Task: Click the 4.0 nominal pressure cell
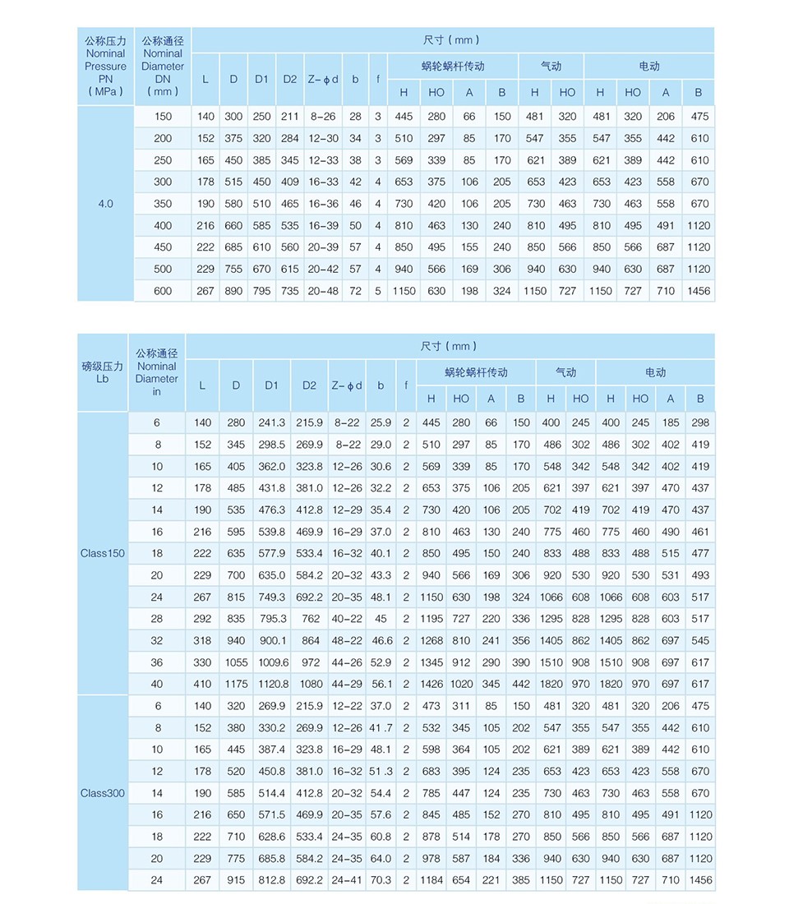click(x=105, y=203)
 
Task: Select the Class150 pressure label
click(x=103, y=553)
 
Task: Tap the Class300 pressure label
click(x=103, y=793)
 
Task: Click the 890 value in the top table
click(x=233, y=291)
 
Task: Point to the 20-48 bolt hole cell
click(x=323, y=291)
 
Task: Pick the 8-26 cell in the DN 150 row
click(x=323, y=117)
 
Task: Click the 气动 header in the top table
click(x=551, y=67)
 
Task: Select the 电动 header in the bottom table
click(x=655, y=372)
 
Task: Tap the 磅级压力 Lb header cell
click(x=103, y=372)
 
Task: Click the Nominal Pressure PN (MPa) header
click(x=105, y=66)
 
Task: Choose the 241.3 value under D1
click(x=272, y=423)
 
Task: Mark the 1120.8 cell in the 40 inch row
click(x=272, y=684)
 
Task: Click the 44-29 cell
click(x=346, y=684)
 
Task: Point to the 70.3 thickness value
click(x=381, y=880)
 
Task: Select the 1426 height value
click(x=431, y=684)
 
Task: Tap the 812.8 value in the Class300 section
click(x=272, y=880)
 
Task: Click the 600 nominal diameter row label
click(x=163, y=291)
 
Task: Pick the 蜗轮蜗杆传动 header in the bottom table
click(x=476, y=372)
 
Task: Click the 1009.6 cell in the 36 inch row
click(x=272, y=662)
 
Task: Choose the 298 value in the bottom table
click(x=700, y=423)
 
